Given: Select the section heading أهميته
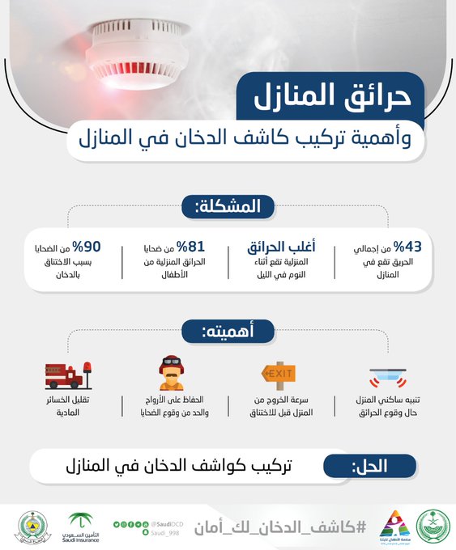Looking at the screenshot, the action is click(x=228, y=332).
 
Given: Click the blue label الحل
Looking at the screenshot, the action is click(x=369, y=466).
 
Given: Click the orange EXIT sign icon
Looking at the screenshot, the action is click(x=278, y=374).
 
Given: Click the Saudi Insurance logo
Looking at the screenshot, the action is click(x=81, y=527).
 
